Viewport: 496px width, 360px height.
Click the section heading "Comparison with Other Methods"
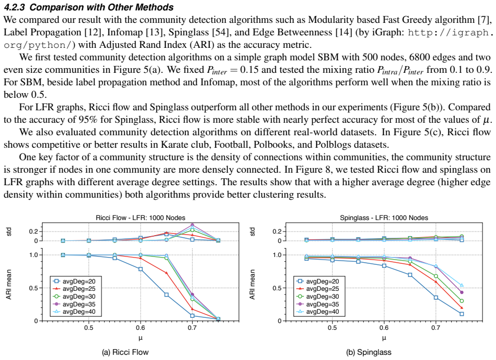tap(101, 7)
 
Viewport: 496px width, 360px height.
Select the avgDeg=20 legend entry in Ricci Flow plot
tap(74, 281)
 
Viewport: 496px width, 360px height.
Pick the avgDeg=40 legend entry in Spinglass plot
tap(317, 312)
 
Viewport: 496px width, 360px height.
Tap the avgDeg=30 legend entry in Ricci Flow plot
tap(74, 297)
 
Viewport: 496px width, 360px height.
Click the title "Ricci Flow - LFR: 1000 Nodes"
tap(141, 218)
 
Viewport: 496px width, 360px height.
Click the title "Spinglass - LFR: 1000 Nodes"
tap(384, 218)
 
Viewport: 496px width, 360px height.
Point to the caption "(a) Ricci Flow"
tap(125, 352)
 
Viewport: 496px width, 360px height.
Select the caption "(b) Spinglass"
tap(369, 352)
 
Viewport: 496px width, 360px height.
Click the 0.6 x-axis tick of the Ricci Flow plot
tap(141, 327)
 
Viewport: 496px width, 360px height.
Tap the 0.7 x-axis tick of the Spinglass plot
tap(436, 327)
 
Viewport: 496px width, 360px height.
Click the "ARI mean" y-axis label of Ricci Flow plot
tap(8, 285)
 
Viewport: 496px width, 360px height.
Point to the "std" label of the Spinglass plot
tap(252, 232)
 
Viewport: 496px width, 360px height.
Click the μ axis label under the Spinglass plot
tap(384, 338)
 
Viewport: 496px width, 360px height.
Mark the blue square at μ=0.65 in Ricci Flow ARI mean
tap(167, 294)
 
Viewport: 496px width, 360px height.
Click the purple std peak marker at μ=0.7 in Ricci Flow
tap(192, 225)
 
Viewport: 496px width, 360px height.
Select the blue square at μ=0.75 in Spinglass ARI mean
tap(462, 314)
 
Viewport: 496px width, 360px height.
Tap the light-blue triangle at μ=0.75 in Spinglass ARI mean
tap(462, 286)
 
